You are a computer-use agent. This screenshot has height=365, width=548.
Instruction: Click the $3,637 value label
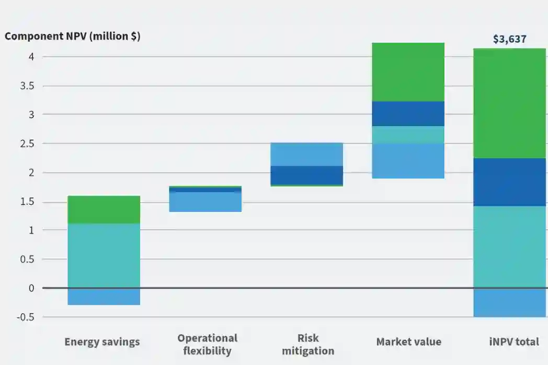(509, 39)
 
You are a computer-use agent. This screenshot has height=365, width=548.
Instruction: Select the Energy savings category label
(102, 342)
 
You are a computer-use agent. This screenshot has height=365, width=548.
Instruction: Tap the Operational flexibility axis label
(207, 344)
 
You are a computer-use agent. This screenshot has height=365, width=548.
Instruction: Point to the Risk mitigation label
(308, 344)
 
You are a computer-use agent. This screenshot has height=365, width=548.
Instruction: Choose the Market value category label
(408, 342)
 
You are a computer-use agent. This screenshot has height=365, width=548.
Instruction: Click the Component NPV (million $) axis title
(72, 37)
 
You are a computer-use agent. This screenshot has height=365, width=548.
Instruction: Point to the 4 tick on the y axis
(31, 56)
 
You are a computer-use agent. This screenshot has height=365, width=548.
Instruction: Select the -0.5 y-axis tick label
(27, 317)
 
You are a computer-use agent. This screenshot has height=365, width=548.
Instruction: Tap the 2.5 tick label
(27, 144)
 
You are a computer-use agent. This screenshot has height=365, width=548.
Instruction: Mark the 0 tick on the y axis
(31, 288)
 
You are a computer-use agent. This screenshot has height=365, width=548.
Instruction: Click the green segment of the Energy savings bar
(104, 209)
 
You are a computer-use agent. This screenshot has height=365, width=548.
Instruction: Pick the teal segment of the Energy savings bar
(104, 255)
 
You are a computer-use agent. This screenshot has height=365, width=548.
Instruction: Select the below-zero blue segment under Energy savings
(104, 297)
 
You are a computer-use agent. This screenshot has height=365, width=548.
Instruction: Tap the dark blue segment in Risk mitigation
(306, 175)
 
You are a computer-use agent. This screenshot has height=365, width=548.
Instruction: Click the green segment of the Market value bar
(408, 72)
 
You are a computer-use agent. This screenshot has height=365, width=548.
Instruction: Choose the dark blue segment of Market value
(408, 113)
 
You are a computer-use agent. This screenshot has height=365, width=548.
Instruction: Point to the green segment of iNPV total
(510, 103)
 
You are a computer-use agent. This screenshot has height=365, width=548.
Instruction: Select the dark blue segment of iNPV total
(510, 182)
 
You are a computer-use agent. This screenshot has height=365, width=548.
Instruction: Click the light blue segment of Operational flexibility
(205, 202)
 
